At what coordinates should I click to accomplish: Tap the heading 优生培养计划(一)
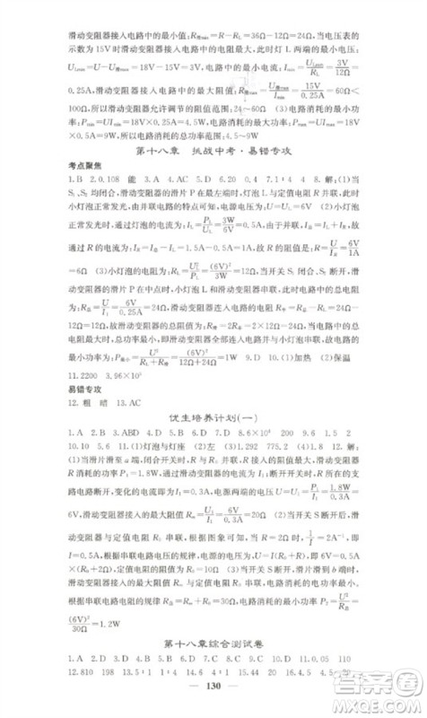213,418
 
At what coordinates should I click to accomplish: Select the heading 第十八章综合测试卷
213,644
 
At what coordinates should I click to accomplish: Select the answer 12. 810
84,679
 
